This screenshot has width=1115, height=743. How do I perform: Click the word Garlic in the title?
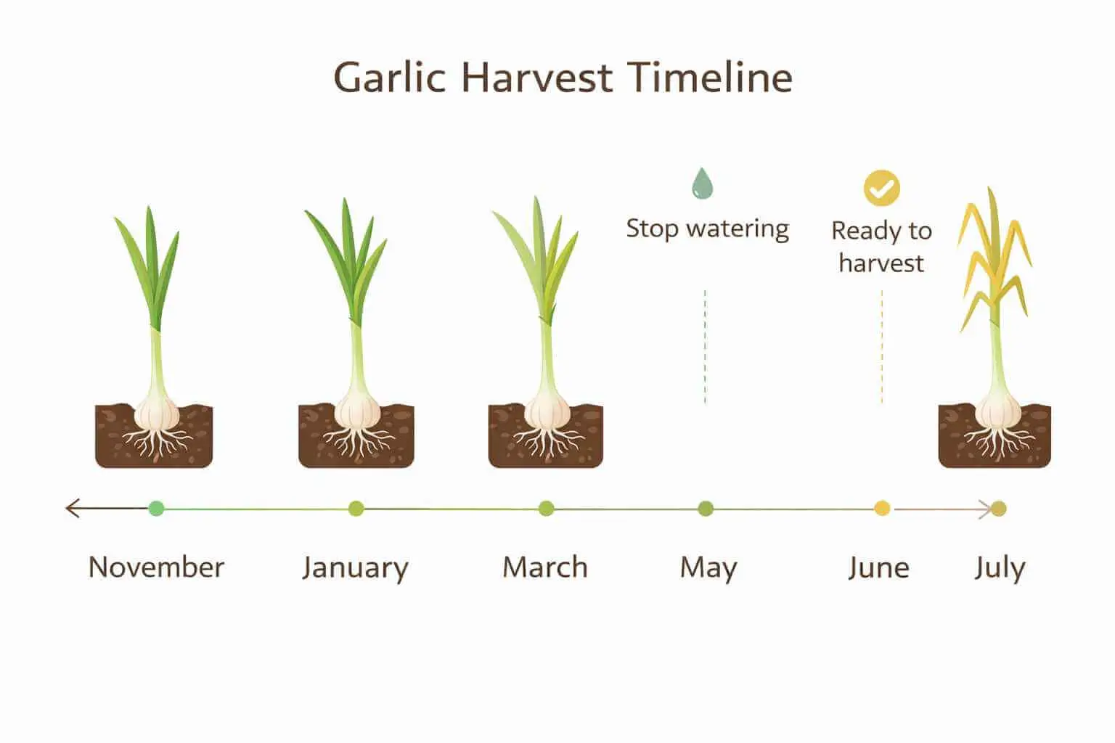(x=389, y=78)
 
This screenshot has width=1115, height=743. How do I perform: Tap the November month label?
(x=156, y=567)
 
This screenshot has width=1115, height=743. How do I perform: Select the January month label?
(x=355, y=567)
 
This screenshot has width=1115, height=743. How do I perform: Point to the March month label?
(x=545, y=567)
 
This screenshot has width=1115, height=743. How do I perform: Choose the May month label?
(x=708, y=567)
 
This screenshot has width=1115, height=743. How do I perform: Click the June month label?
(x=878, y=567)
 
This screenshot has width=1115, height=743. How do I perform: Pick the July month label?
(x=1000, y=567)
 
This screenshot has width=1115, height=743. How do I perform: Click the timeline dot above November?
(x=156, y=509)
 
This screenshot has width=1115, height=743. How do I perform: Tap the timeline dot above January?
(x=356, y=509)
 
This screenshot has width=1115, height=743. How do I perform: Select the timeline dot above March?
(x=547, y=509)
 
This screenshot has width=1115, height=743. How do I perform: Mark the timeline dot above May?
(x=706, y=509)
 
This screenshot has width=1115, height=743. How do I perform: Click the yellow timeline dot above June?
(x=882, y=509)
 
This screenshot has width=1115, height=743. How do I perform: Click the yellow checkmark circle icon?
(x=881, y=189)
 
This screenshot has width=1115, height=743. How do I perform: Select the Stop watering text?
(x=707, y=229)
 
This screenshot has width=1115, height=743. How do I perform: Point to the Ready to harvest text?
(x=881, y=247)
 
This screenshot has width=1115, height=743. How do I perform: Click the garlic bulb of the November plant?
(x=158, y=414)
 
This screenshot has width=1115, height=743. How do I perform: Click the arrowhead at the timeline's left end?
(x=70, y=508)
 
